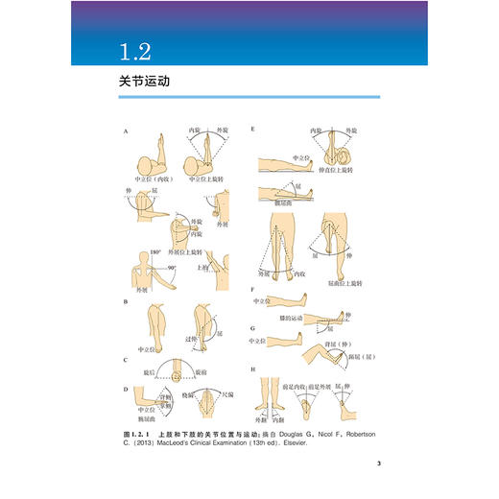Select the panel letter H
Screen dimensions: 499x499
[251, 368]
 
